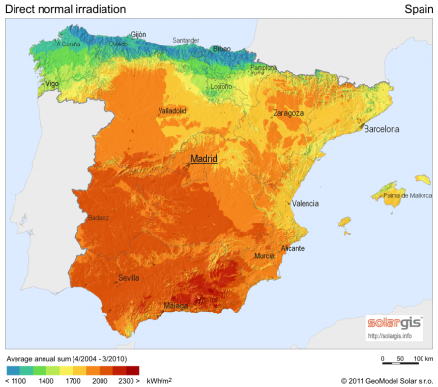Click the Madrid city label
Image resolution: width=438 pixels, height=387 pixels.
(x=204, y=158)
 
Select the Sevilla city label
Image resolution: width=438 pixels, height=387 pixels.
(x=129, y=278)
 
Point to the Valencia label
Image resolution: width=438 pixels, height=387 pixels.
(x=306, y=203)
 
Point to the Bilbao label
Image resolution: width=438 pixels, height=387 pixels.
(x=221, y=47)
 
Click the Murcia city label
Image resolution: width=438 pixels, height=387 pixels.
(x=264, y=256)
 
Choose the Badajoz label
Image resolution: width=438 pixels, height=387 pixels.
(x=97, y=218)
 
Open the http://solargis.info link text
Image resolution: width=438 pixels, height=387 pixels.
(x=390, y=336)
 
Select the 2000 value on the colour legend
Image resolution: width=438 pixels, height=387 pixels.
(x=101, y=381)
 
